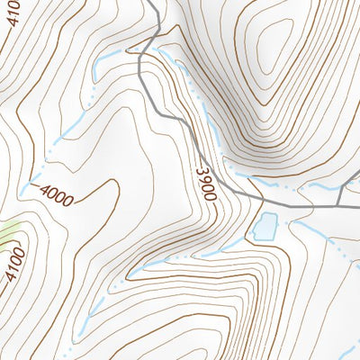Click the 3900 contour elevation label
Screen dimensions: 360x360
(x=206, y=179)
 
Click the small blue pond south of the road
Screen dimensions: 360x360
(x=265, y=226)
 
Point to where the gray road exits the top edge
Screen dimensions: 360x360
(x=150, y=3)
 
